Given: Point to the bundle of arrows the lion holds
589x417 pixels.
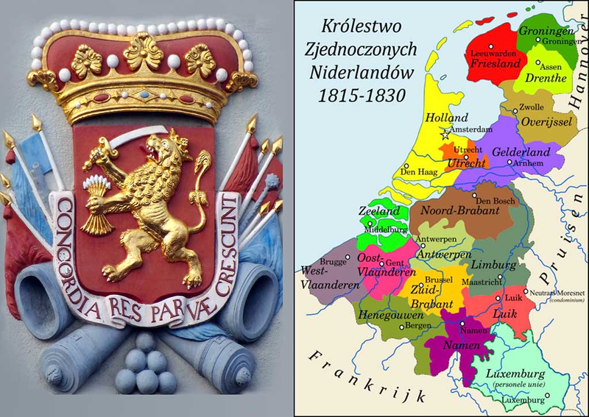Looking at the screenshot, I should pyautogui.click(x=94, y=202).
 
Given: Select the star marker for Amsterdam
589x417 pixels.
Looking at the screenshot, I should pyautogui.click(x=444, y=135).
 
